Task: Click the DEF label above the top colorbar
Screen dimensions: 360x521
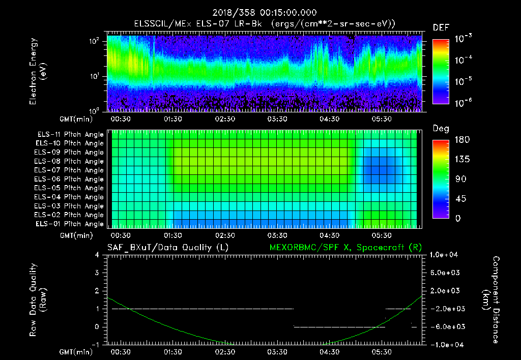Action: pyautogui.click(x=440, y=27)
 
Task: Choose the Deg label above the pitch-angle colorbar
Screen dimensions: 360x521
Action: pyautogui.click(x=440, y=129)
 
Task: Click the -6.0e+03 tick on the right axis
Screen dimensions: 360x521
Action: pyautogui.click(x=446, y=326)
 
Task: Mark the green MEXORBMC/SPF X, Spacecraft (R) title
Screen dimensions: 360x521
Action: pyautogui.click(x=345, y=247)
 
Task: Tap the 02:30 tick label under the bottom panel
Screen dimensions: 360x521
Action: pyautogui.click(x=225, y=352)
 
